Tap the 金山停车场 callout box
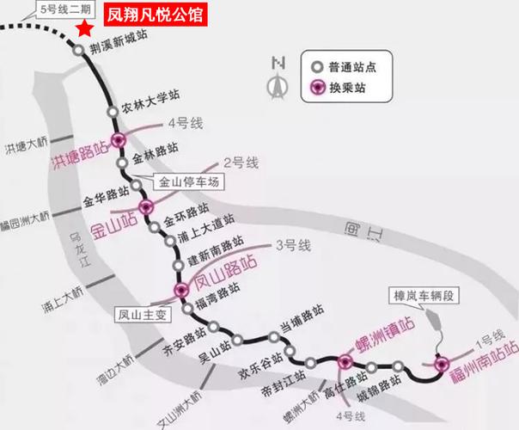190,183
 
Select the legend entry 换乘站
338,86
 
